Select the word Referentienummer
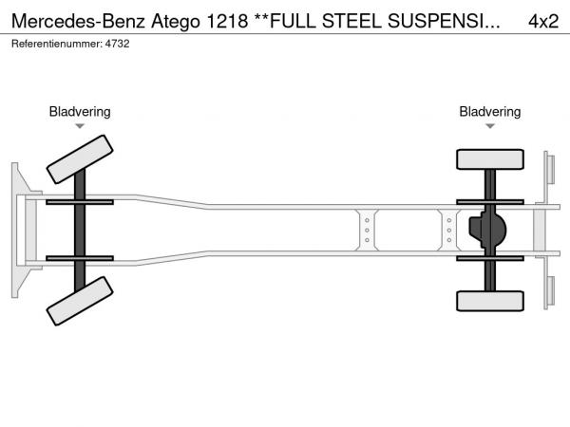[x=52, y=44]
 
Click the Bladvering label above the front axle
[x=80, y=112]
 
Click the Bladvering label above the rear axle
[x=490, y=112]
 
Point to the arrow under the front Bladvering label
[x=80, y=126]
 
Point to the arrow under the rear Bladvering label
[x=490, y=126]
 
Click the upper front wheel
[x=80, y=158]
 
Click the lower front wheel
[x=80, y=306]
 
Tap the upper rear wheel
[x=490, y=159]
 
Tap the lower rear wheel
[x=490, y=301]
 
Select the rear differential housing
[x=488, y=230]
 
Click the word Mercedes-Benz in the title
[x=79, y=20]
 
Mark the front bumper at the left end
[x=18, y=230]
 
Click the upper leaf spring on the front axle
[x=80, y=202]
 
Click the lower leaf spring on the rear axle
[x=490, y=257]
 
